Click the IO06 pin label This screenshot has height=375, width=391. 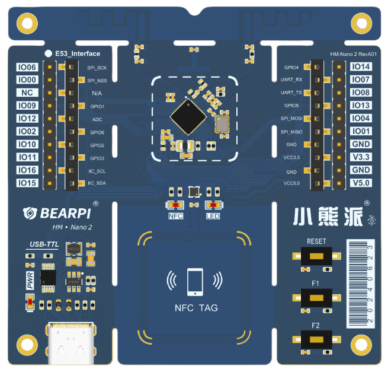click(x=27, y=67)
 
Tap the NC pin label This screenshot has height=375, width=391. click(x=27, y=93)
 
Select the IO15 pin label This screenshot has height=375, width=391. click(x=27, y=183)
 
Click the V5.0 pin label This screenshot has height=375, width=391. click(x=361, y=183)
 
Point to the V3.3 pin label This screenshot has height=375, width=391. click(x=361, y=157)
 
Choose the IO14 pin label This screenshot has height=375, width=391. click(x=361, y=66)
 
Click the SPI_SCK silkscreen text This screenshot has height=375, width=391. click(x=97, y=68)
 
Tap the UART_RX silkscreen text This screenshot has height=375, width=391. click(x=291, y=80)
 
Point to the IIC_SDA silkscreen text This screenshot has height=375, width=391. click(x=97, y=183)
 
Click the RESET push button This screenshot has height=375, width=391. click(x=316, y=256)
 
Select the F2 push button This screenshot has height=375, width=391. click(x=316, y=339)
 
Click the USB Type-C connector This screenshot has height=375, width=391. click(x=71, y=344)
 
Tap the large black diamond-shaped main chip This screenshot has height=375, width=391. click(x=188, y=117)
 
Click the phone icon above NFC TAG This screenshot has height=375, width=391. click(x=195, y=282)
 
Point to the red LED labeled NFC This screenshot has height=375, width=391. click(x=176, y=205)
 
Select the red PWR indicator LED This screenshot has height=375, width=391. click(x=30, y=302)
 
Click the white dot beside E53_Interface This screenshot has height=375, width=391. click(x=48, y=53)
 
